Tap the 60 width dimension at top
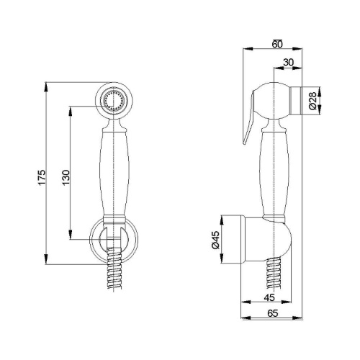tap(278, 42)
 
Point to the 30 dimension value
tap(288, 62)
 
